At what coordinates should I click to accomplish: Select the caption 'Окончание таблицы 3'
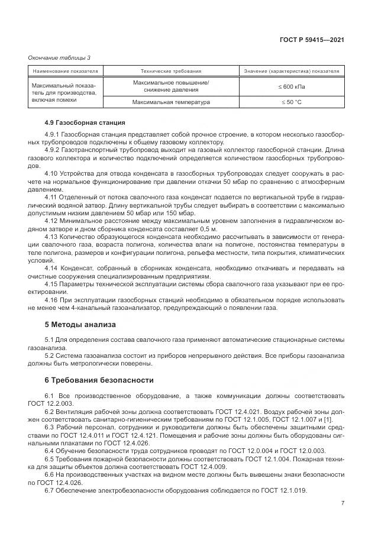[59, 57]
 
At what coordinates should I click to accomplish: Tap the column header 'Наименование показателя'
[65, 71]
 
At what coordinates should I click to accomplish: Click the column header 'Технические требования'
[171, 71]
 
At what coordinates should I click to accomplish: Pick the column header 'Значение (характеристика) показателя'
[292, 71]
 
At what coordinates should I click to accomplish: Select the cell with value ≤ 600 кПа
[292, 86]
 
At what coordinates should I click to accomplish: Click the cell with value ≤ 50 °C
[292, 102]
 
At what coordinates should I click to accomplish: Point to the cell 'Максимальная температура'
[172, 102]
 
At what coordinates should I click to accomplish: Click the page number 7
[342, 503]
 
